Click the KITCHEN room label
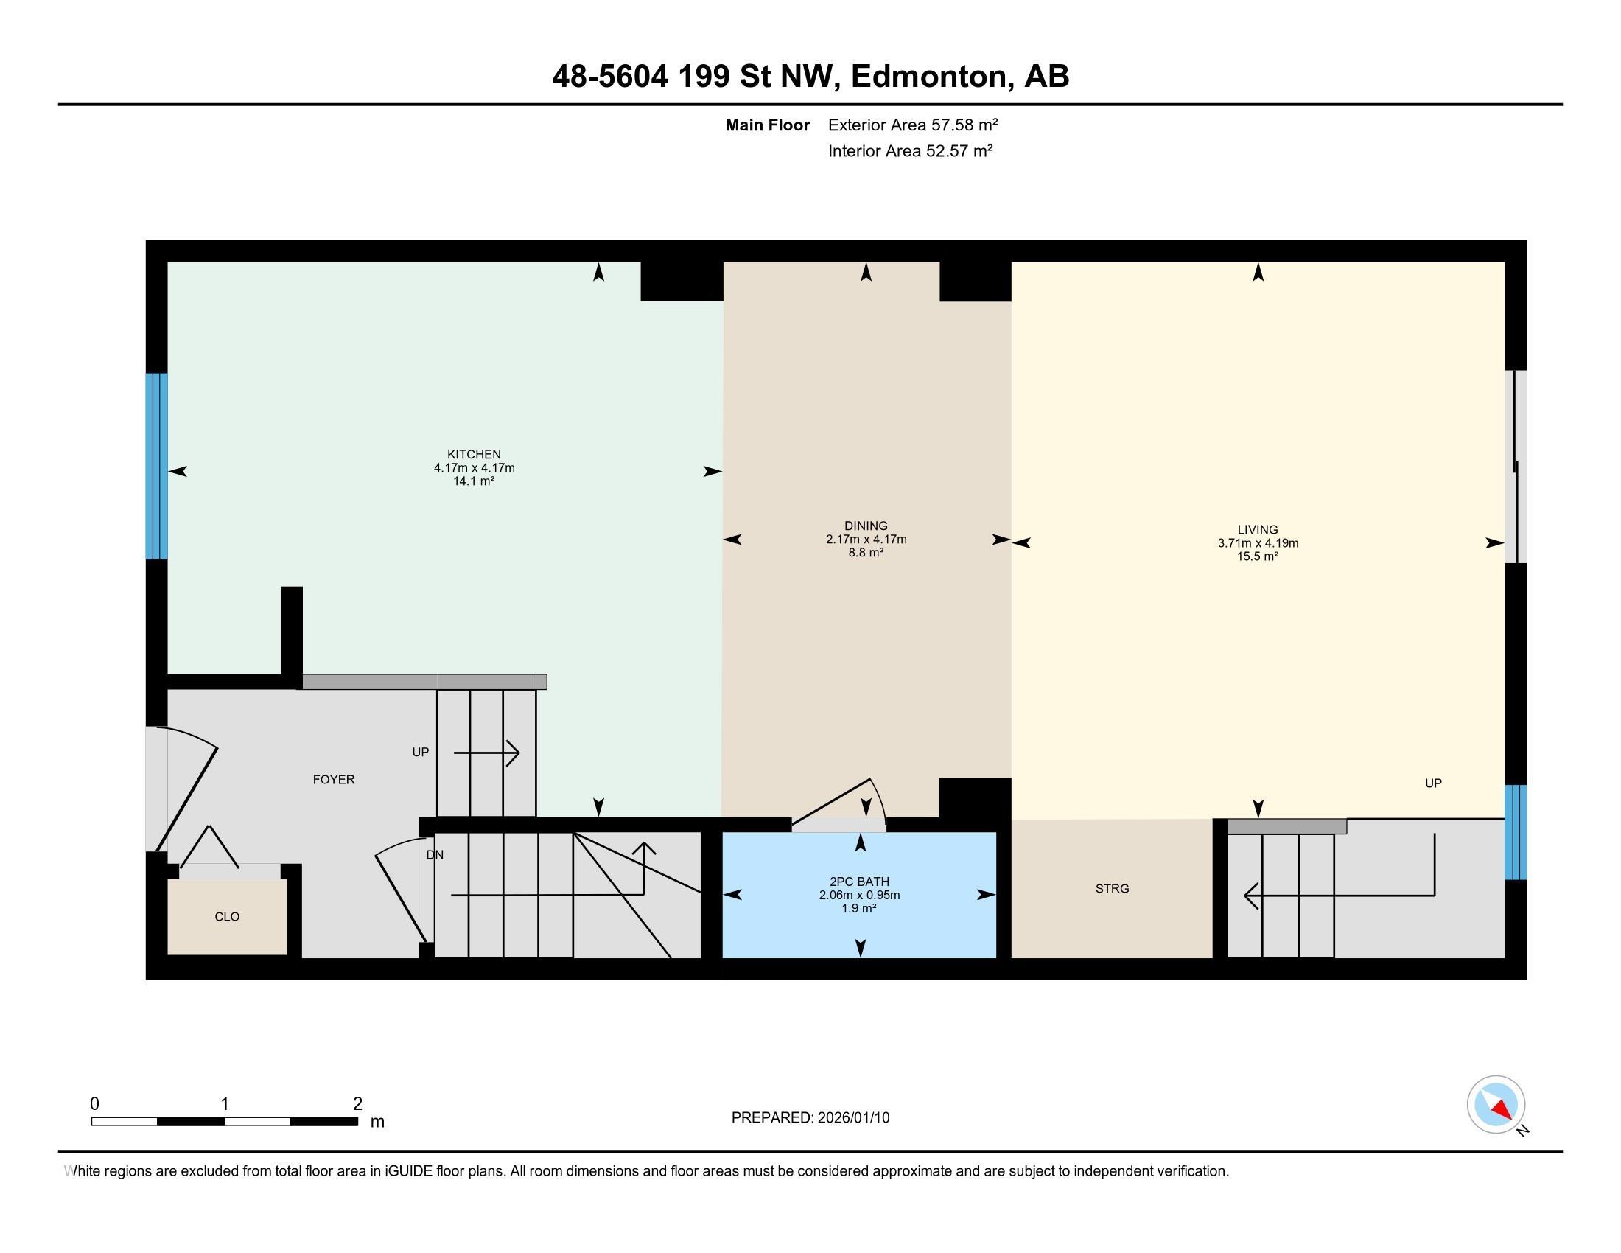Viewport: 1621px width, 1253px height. click(x=474, y=454)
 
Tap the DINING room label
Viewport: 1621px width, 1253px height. click(x=866, y=526)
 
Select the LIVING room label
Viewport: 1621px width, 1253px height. click(x=1257, y=529)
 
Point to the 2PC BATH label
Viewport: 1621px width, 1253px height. click(x=858, y=882)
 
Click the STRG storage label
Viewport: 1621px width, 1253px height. click(x=1112, y=889)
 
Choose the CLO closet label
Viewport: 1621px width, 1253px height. click(x=226, y=917)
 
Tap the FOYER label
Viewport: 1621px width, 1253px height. click(x=333, y=779)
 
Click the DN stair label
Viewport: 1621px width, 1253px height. click(x=435, y=854)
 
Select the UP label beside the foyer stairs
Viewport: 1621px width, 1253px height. click(x=420, y=752)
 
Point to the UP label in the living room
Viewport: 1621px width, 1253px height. click(x=1432, y=783)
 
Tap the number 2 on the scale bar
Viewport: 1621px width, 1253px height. click(x=357, y=1104)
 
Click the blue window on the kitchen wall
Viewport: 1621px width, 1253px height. click(x=157, y=465)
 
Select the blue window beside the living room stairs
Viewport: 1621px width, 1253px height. click(x=1515, y=832)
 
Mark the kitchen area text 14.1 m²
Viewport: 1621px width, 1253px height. click(x=474, y=481)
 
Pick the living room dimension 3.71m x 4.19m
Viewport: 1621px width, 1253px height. click(x=1257, y=542)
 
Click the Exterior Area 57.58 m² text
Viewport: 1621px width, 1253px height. click(x=913, y=125)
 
